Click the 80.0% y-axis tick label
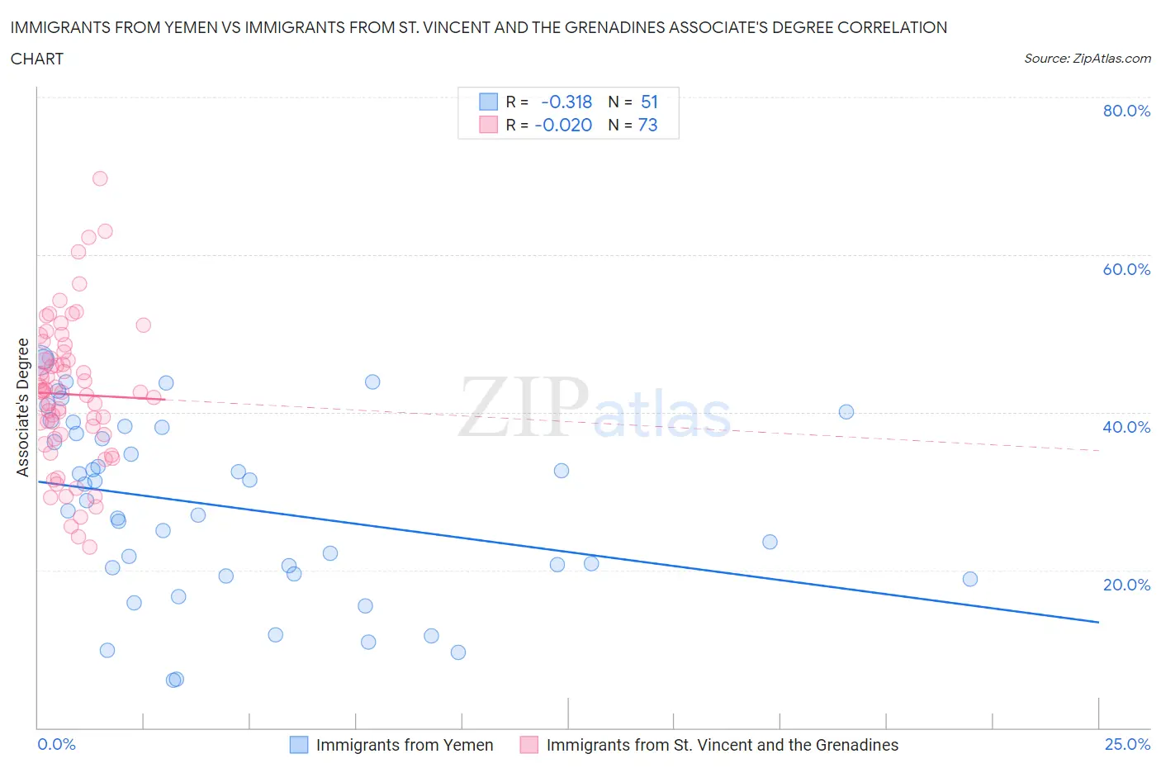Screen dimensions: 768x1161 pos(1126,111)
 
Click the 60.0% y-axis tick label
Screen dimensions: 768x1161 pos(1126,269)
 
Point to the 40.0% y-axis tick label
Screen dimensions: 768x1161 pos(1126,427)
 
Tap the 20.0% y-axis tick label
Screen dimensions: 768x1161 pos(1126,585)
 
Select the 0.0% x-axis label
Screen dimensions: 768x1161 pos(56,744)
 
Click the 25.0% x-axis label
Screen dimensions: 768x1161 pos(1127,744)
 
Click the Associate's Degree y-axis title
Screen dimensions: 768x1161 pos(22,407)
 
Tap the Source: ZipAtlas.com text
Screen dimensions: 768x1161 pos(1087,58)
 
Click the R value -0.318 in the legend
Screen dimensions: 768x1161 pos(566,102)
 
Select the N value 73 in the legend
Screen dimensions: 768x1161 pos(648,125)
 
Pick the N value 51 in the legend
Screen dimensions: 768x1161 pos(649,102)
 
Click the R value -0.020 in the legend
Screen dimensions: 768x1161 pos(563,125)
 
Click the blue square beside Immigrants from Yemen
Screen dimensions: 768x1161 pos(298,745)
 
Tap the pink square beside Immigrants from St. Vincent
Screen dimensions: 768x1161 pos(528,745)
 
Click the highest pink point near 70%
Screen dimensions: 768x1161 pos(100,178)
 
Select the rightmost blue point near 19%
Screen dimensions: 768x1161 pos(970,579)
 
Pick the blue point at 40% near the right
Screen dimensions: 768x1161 pos(846,412)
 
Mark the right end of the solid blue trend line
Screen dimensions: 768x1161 pos(1098,622)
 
